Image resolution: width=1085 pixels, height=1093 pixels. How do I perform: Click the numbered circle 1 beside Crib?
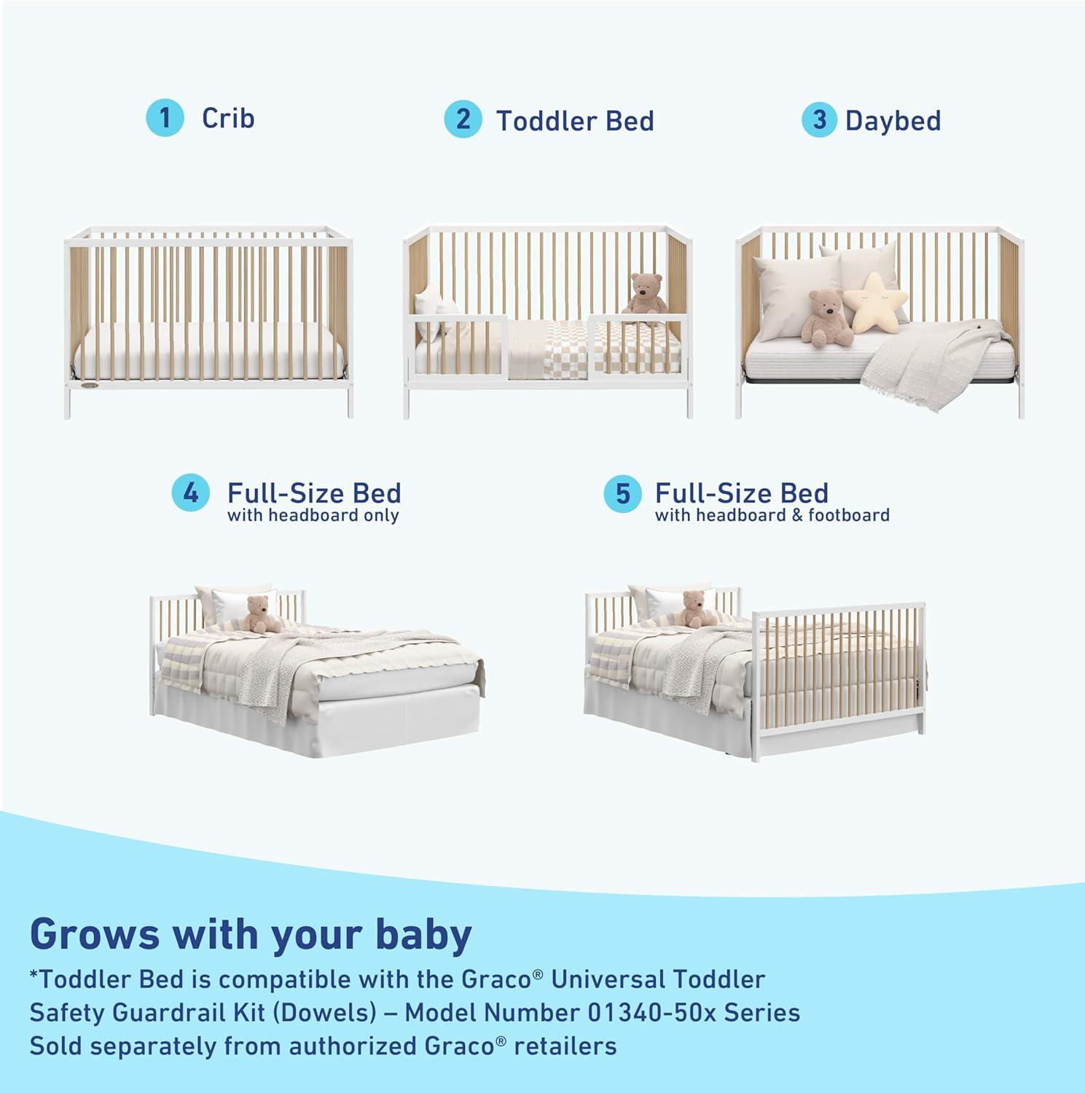point(165,118)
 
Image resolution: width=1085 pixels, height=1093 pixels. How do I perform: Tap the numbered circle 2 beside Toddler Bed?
point(463,119)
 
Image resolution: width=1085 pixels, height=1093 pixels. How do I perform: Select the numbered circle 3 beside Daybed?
point(820,120)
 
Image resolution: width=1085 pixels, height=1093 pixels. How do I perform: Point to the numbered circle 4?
point(191,493)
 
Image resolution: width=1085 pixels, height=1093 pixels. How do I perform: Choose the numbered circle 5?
point(622,493)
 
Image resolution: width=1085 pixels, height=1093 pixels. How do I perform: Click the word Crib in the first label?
point(228,118)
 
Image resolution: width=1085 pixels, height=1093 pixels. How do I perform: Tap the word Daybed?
point(893,121)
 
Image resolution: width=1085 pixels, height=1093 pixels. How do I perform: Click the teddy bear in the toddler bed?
point(646,294)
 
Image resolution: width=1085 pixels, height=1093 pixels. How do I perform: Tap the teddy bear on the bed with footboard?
point(694,609)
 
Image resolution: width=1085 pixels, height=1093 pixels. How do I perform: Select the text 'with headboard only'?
point(313,516)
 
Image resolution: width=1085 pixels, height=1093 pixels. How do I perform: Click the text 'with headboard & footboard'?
point(772,516)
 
